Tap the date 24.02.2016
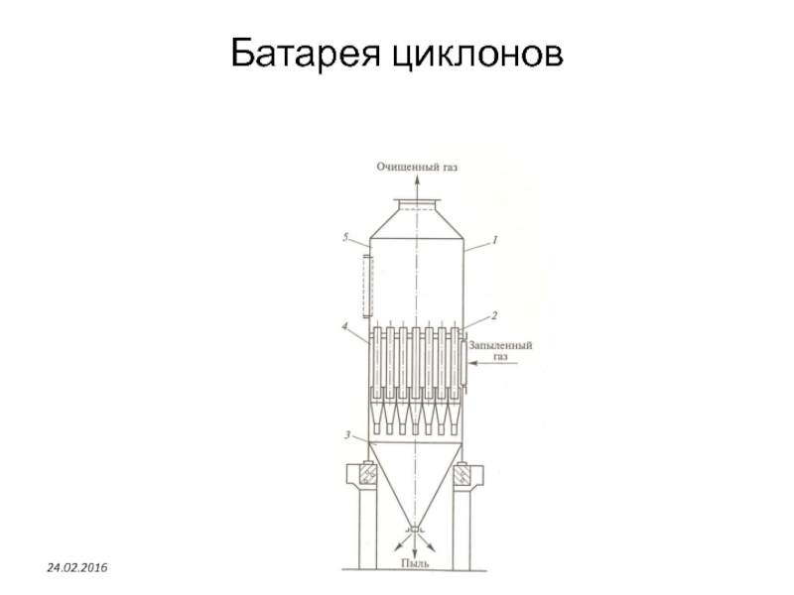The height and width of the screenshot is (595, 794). point(80,564)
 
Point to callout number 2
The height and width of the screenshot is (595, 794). point(493,314)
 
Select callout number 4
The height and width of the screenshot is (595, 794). point(346,325)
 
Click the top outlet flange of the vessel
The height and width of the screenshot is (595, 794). point(417,205)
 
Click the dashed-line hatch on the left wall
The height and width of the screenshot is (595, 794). point(367,286)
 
